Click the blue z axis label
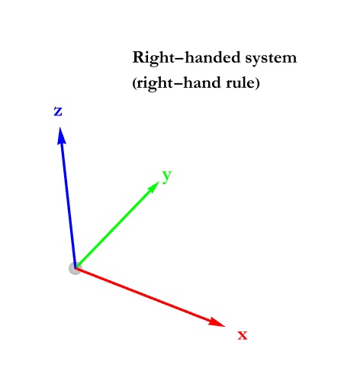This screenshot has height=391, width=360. click(x=58, y=111)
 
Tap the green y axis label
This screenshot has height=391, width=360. click(x=167, y=176)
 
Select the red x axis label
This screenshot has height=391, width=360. click(x=243, y=335)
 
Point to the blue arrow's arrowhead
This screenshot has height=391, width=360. click(x=61, y=136)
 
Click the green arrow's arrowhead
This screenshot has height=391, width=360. click(x=153, y=187)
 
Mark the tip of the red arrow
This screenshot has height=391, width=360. click(x=225, y=326)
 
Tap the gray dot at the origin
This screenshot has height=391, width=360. click(x=75, y=268)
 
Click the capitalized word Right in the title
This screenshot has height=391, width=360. click(x=153, y=59)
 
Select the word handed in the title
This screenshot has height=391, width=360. click(x=212, y=57)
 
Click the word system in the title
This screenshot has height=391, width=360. click(x=271, y=59)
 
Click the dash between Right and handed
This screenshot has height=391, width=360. click(x=179, y=59)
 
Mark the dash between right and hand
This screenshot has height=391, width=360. click(x=178, y=84)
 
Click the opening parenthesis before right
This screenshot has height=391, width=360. click(x=134, y=83)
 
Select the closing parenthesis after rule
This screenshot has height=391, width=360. click(x=257, y=83)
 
